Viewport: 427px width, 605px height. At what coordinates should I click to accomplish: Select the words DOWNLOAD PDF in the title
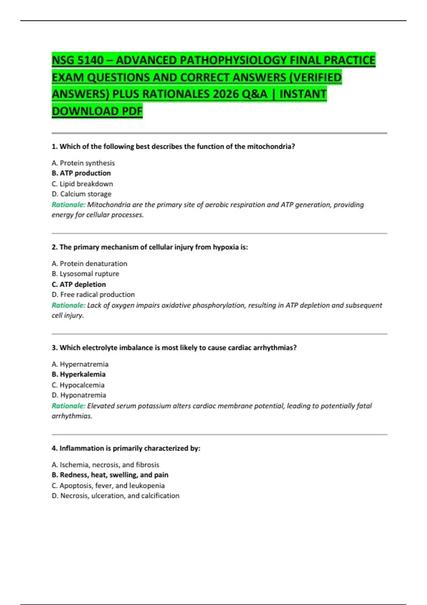(97, 111)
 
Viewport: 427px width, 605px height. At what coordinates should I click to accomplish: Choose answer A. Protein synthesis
(83, 163)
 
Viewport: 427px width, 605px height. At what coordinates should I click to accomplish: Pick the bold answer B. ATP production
(81, 173)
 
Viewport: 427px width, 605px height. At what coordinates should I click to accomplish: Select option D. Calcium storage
(81, 194)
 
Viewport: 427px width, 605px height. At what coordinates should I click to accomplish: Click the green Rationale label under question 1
(68, 205)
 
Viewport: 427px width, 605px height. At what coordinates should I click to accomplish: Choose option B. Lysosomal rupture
(85, 274)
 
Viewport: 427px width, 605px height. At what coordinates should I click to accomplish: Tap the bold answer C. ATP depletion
(79, 284)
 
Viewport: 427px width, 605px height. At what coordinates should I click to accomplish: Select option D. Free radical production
(93, 295)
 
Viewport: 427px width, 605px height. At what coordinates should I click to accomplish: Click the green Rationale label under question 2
(68, 305)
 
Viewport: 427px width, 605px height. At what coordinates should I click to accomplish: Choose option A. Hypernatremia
(80, 364)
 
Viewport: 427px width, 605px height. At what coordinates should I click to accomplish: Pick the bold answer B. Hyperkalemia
(79, 374)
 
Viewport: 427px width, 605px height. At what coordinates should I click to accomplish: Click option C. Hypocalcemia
(78, 385)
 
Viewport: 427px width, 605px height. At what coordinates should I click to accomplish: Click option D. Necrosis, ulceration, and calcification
(116, 496)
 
